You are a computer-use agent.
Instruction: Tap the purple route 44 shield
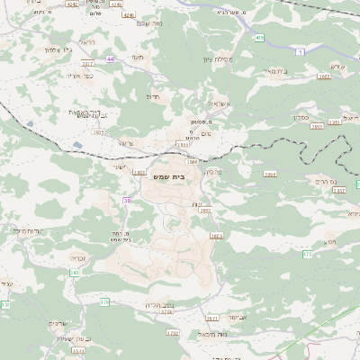click(x=110, y=58)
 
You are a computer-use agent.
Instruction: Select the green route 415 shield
click(x=259, y=38)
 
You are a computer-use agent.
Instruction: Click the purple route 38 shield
click(x=127, y=201)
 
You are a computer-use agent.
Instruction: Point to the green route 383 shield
click(x=74, y=272)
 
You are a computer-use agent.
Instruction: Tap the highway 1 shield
click(x=299, y=53)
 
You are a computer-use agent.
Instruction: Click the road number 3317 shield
click(x=87, y=64)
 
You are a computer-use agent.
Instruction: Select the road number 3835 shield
click(x=98, y=132)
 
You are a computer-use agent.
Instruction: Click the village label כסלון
click(x=301, y=115)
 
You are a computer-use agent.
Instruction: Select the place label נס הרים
click(x=323, y=181)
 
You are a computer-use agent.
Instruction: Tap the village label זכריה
click(x=78, y=256)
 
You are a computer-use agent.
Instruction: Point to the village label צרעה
click(x=126, y=141)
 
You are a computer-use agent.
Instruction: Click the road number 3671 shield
click(x=212, y=318)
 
